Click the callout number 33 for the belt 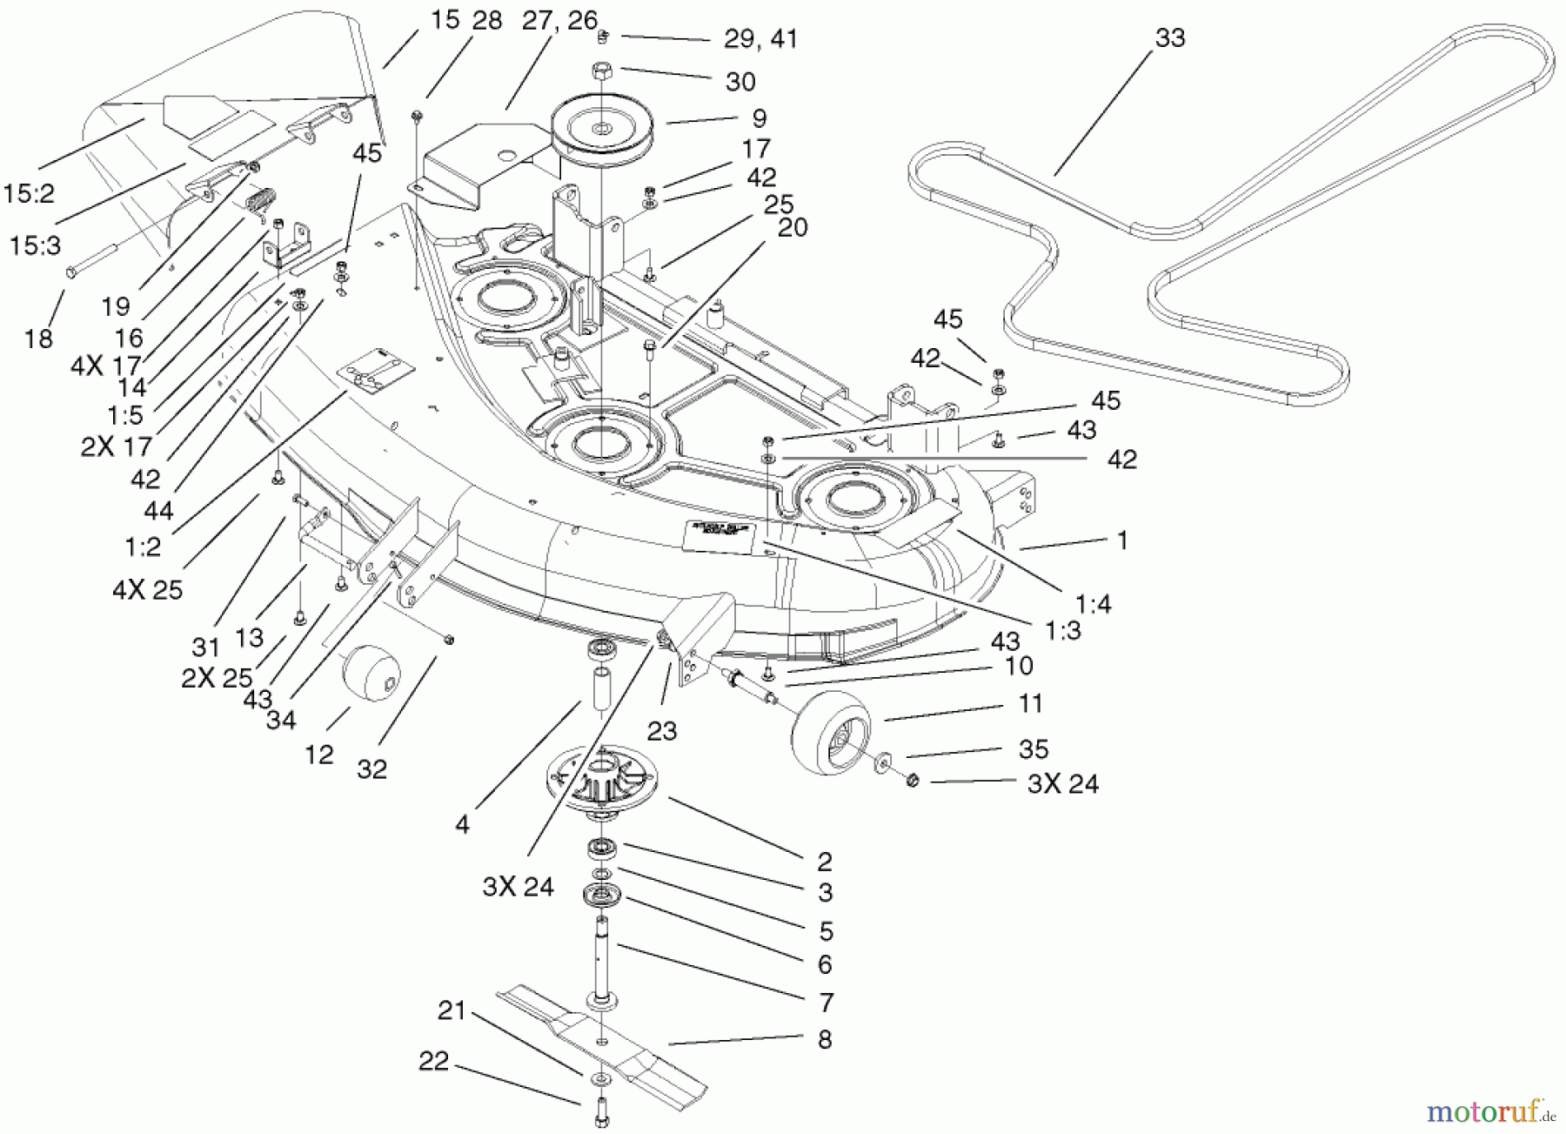point(1170,38)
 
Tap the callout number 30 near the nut point(740,82)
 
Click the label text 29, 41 point(760,39)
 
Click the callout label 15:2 point(29,193)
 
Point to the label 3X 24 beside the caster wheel point(1062,784)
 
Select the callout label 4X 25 point(148,590)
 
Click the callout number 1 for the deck point(1122,540)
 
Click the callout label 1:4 point(1093,603)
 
